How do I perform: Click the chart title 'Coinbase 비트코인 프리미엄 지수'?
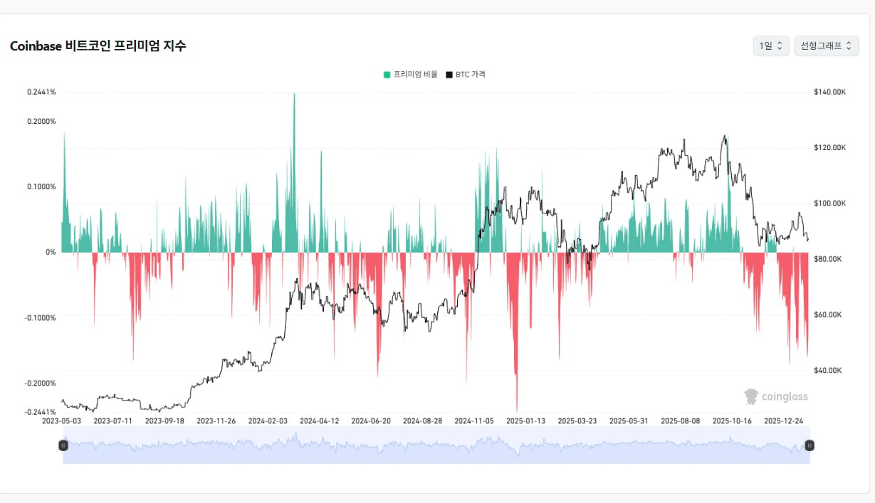pos(98,46)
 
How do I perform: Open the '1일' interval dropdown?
pos(771,46)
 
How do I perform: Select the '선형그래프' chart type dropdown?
pos(826,46)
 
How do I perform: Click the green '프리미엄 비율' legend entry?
pos(411,74)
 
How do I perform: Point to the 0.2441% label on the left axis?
pos(41,92)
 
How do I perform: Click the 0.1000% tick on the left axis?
pos(41,186)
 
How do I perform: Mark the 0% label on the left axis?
pos(50,252)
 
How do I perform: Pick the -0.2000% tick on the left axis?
pos(40,383)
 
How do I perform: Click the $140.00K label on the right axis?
pos(829,92)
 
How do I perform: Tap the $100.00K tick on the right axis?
pos(829,203)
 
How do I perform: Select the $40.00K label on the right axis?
pos(828,371)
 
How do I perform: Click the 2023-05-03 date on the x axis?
pos(62,420)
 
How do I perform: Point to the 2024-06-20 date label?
pos(371,420)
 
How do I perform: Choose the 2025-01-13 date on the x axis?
pos(525,420)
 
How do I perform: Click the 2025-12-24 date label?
pos(783,420)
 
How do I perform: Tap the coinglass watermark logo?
pos(776,396)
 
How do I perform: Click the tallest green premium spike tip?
pos(294,94)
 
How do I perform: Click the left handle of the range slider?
pos(63,445)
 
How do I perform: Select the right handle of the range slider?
pos(809,445)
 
